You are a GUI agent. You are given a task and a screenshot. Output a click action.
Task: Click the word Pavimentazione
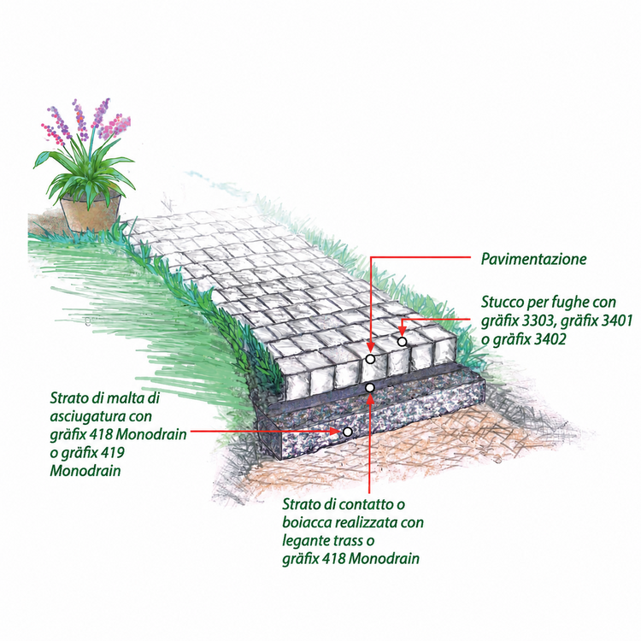533,259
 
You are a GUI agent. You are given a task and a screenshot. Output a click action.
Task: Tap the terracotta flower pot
91,214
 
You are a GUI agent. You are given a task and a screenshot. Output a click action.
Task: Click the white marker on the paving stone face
370,359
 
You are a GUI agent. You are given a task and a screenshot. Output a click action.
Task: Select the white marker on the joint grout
403,341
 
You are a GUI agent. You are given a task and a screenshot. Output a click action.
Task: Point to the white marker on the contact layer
369,387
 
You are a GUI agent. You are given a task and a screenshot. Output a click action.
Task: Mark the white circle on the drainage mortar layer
347,432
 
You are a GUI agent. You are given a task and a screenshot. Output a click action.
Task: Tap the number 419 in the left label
111,453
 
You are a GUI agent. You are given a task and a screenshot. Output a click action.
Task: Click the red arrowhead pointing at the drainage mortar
335,432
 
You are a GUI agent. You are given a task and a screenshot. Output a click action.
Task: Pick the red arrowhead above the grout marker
403,330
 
